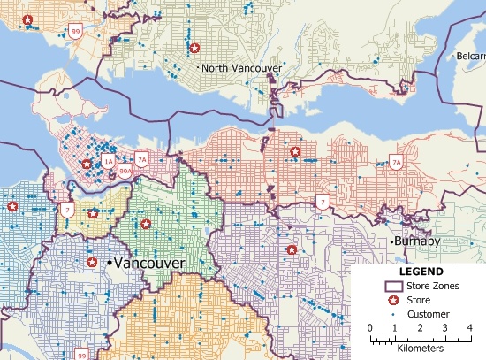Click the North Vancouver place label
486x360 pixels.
click(x=241, y=68)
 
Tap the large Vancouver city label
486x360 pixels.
click(x=148, y=264)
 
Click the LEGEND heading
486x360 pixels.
click(x=420, y=272)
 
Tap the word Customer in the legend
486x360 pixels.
click(x=429, y=314)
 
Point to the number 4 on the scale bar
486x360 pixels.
click(x=469, y=328)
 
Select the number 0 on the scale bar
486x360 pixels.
click(x=370, y=328)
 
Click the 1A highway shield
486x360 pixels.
click(x=107, y=162)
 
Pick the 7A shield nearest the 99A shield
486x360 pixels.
click(x=141, y=159)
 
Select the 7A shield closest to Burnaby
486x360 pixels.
click(x=396, y=163)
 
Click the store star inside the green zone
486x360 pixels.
click(x=146, y=224)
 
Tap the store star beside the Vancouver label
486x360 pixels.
click(x=92, y=263)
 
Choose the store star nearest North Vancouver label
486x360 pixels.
click(x=194, y=48)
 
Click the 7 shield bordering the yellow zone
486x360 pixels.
click(x=67, y=210)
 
